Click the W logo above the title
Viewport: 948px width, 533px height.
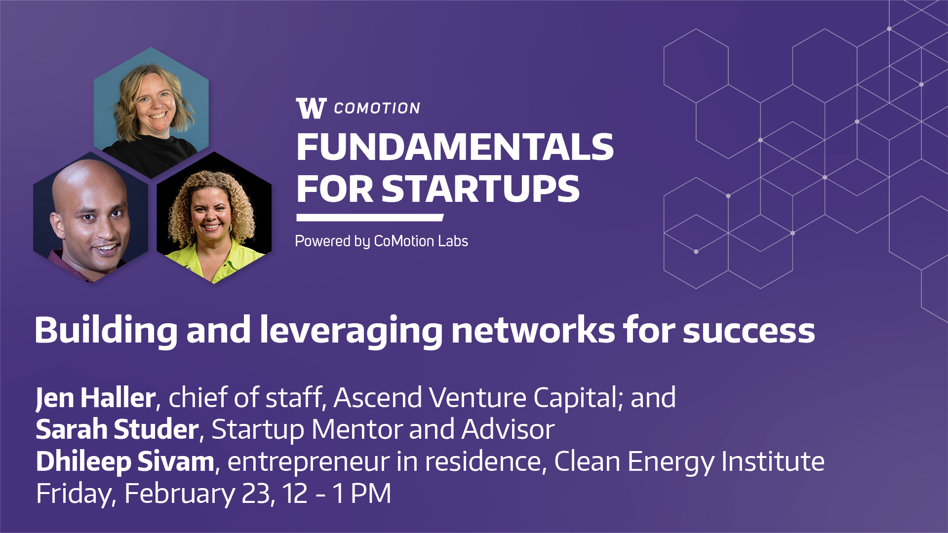(312, 108)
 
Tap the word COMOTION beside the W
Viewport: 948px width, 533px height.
(377, 109)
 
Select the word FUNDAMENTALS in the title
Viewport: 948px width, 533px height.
(455, 147)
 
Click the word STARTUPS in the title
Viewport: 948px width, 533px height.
(480, 189)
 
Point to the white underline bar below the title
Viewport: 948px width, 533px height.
(370, 218)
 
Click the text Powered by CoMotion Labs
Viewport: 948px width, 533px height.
(381, 241)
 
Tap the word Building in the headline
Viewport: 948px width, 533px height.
(106, 331)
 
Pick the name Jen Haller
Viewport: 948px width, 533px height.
(96, 398)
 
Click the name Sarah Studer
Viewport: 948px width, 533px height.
(117, 429)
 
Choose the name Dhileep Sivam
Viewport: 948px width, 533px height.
(125, 462)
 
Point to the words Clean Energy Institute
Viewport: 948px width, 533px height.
(689, 462)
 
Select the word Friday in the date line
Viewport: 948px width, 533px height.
(74, 494)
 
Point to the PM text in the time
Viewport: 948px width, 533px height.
(371, 494)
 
